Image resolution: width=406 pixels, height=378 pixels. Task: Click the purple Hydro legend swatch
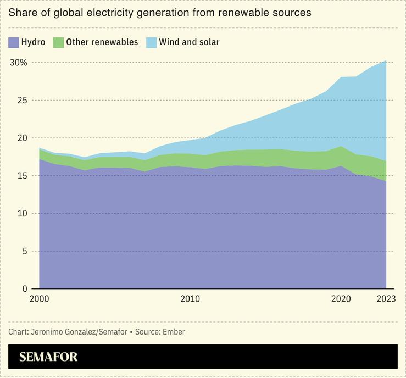tap(13, 42)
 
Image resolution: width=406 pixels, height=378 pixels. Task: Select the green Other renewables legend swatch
tap(59, 42)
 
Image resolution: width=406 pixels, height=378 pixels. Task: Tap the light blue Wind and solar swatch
tap(152, 42)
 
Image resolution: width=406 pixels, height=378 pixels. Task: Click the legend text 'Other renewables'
tap(102, 42)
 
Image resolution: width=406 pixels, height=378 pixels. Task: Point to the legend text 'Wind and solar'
tap(189, 42)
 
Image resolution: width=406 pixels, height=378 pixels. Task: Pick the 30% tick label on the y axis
tap(18, 63)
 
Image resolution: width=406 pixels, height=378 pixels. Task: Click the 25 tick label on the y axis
tap(21, 101)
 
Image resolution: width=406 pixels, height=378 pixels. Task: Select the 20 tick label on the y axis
tap(21, 138)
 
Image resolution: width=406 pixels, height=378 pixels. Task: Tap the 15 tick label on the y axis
tap(21, 176)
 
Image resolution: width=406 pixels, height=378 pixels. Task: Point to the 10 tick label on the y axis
tap(21, 213)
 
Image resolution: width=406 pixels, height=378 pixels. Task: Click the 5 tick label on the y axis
tap(24, 251)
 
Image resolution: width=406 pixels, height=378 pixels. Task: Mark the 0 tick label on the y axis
tap(24, 288)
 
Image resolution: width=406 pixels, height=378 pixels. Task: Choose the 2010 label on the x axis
tap(190, 299)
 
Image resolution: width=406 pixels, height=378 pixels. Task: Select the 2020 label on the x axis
tap(341, 299)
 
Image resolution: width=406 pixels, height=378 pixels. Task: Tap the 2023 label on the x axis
tap(386, 299)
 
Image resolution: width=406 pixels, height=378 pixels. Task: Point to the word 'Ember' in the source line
tap(173, 332)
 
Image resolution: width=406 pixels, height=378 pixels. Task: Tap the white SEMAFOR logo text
tap(48, 357)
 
